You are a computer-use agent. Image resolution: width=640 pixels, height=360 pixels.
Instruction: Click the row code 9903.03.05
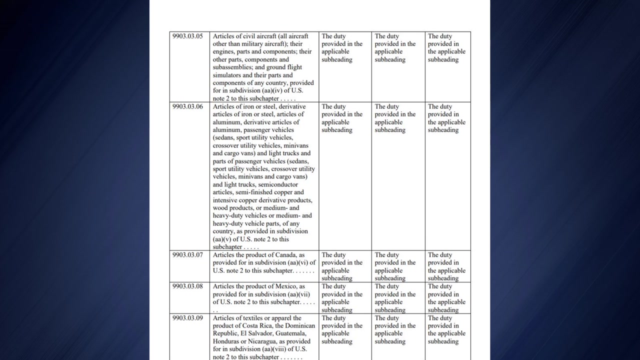click(187, 36)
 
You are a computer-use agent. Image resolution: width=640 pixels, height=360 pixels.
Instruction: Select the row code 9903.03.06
click(187, 106)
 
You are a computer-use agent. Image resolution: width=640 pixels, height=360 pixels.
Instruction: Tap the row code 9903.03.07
click(187, 255)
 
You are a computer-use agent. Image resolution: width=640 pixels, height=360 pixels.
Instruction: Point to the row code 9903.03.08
click(187, 286)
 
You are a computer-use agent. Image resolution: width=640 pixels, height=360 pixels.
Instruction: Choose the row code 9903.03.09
click(187, 318)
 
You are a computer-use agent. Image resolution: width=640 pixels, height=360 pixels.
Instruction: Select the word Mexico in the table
click(285, 286)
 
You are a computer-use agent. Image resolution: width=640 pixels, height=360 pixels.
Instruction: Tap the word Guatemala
click(297, 333)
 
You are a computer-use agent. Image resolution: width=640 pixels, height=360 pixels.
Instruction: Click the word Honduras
click(227, 341)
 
